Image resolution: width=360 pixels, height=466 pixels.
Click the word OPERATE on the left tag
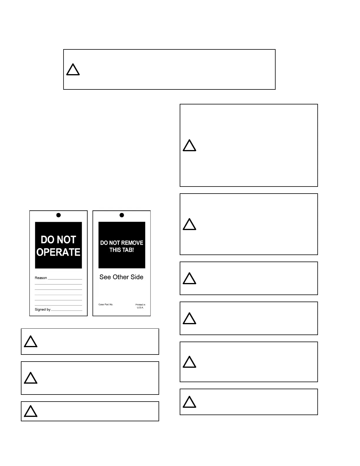pyautogui.click(x=58, y=252)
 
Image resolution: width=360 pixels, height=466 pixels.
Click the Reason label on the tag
pyautogui.click(x=41, y=278)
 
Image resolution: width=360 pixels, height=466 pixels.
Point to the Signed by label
pyautogui.click(x=43, y=309)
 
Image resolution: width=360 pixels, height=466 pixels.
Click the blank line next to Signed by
pyautogui.click(x=66, y=310)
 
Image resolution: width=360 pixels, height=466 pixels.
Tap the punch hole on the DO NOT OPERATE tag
pyautogui.click(x=59, y=215)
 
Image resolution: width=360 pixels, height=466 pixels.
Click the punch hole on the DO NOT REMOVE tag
pyautogui.click(x=122, y=215)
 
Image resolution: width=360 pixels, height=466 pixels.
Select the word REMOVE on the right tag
pyautogui.click(x=132, y=243)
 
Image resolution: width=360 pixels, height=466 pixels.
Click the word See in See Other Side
pyautogui.click(x=105, y=277)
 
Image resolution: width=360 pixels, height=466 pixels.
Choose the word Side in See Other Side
pyautogui.click(x=137, y=277)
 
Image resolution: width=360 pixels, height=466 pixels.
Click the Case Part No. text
pyautogui.click(x=106, y=304)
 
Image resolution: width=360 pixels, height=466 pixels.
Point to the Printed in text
pyautogui.click(x=140, y=304)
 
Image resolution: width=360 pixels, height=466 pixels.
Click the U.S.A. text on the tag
pyautogui.click(x=140, y=308)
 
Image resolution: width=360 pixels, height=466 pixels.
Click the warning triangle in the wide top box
pyautogui.click(x=73, y=70)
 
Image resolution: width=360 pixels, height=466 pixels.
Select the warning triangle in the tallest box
pyautogui.click(x=189, y=146)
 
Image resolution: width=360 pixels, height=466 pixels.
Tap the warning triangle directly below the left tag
pyautogui.click(x=31, y=342)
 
